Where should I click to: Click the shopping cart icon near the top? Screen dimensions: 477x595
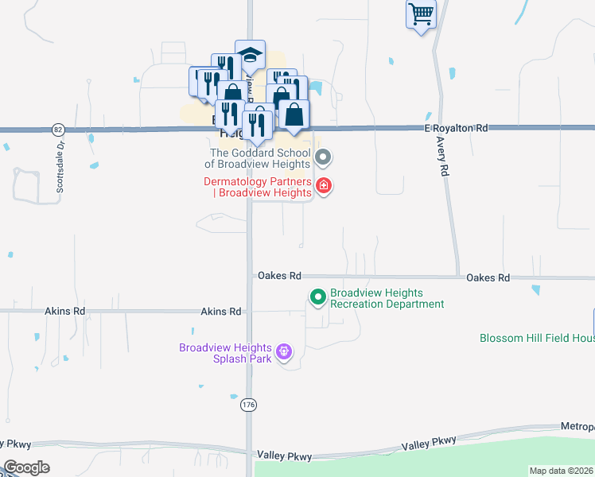coord(421,14)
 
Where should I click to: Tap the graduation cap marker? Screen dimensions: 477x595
coord(250,55)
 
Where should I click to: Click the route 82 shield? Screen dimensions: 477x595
coord(57,129)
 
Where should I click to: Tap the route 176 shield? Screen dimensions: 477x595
coord(249,405)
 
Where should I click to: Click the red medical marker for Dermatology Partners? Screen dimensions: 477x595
coord(323,186)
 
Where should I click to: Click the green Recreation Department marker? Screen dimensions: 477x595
coord(317,298)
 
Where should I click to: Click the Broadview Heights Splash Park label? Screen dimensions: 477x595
coord(225,353)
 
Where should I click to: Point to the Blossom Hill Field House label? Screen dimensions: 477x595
coord(537,338)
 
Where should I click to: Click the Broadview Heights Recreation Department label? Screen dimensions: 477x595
coord(387,298)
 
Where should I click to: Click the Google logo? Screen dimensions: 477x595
coord(26,467)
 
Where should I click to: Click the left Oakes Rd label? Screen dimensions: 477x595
coord(278,276)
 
